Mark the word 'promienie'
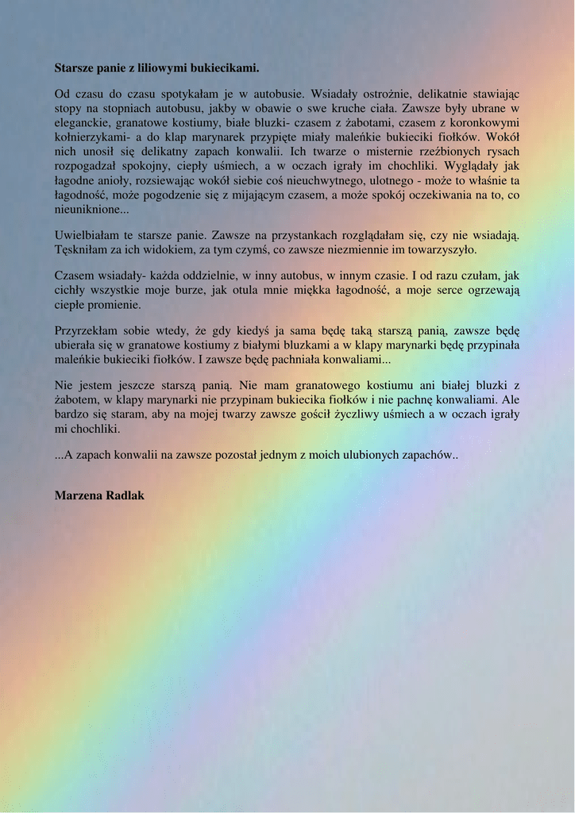point(116,304)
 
